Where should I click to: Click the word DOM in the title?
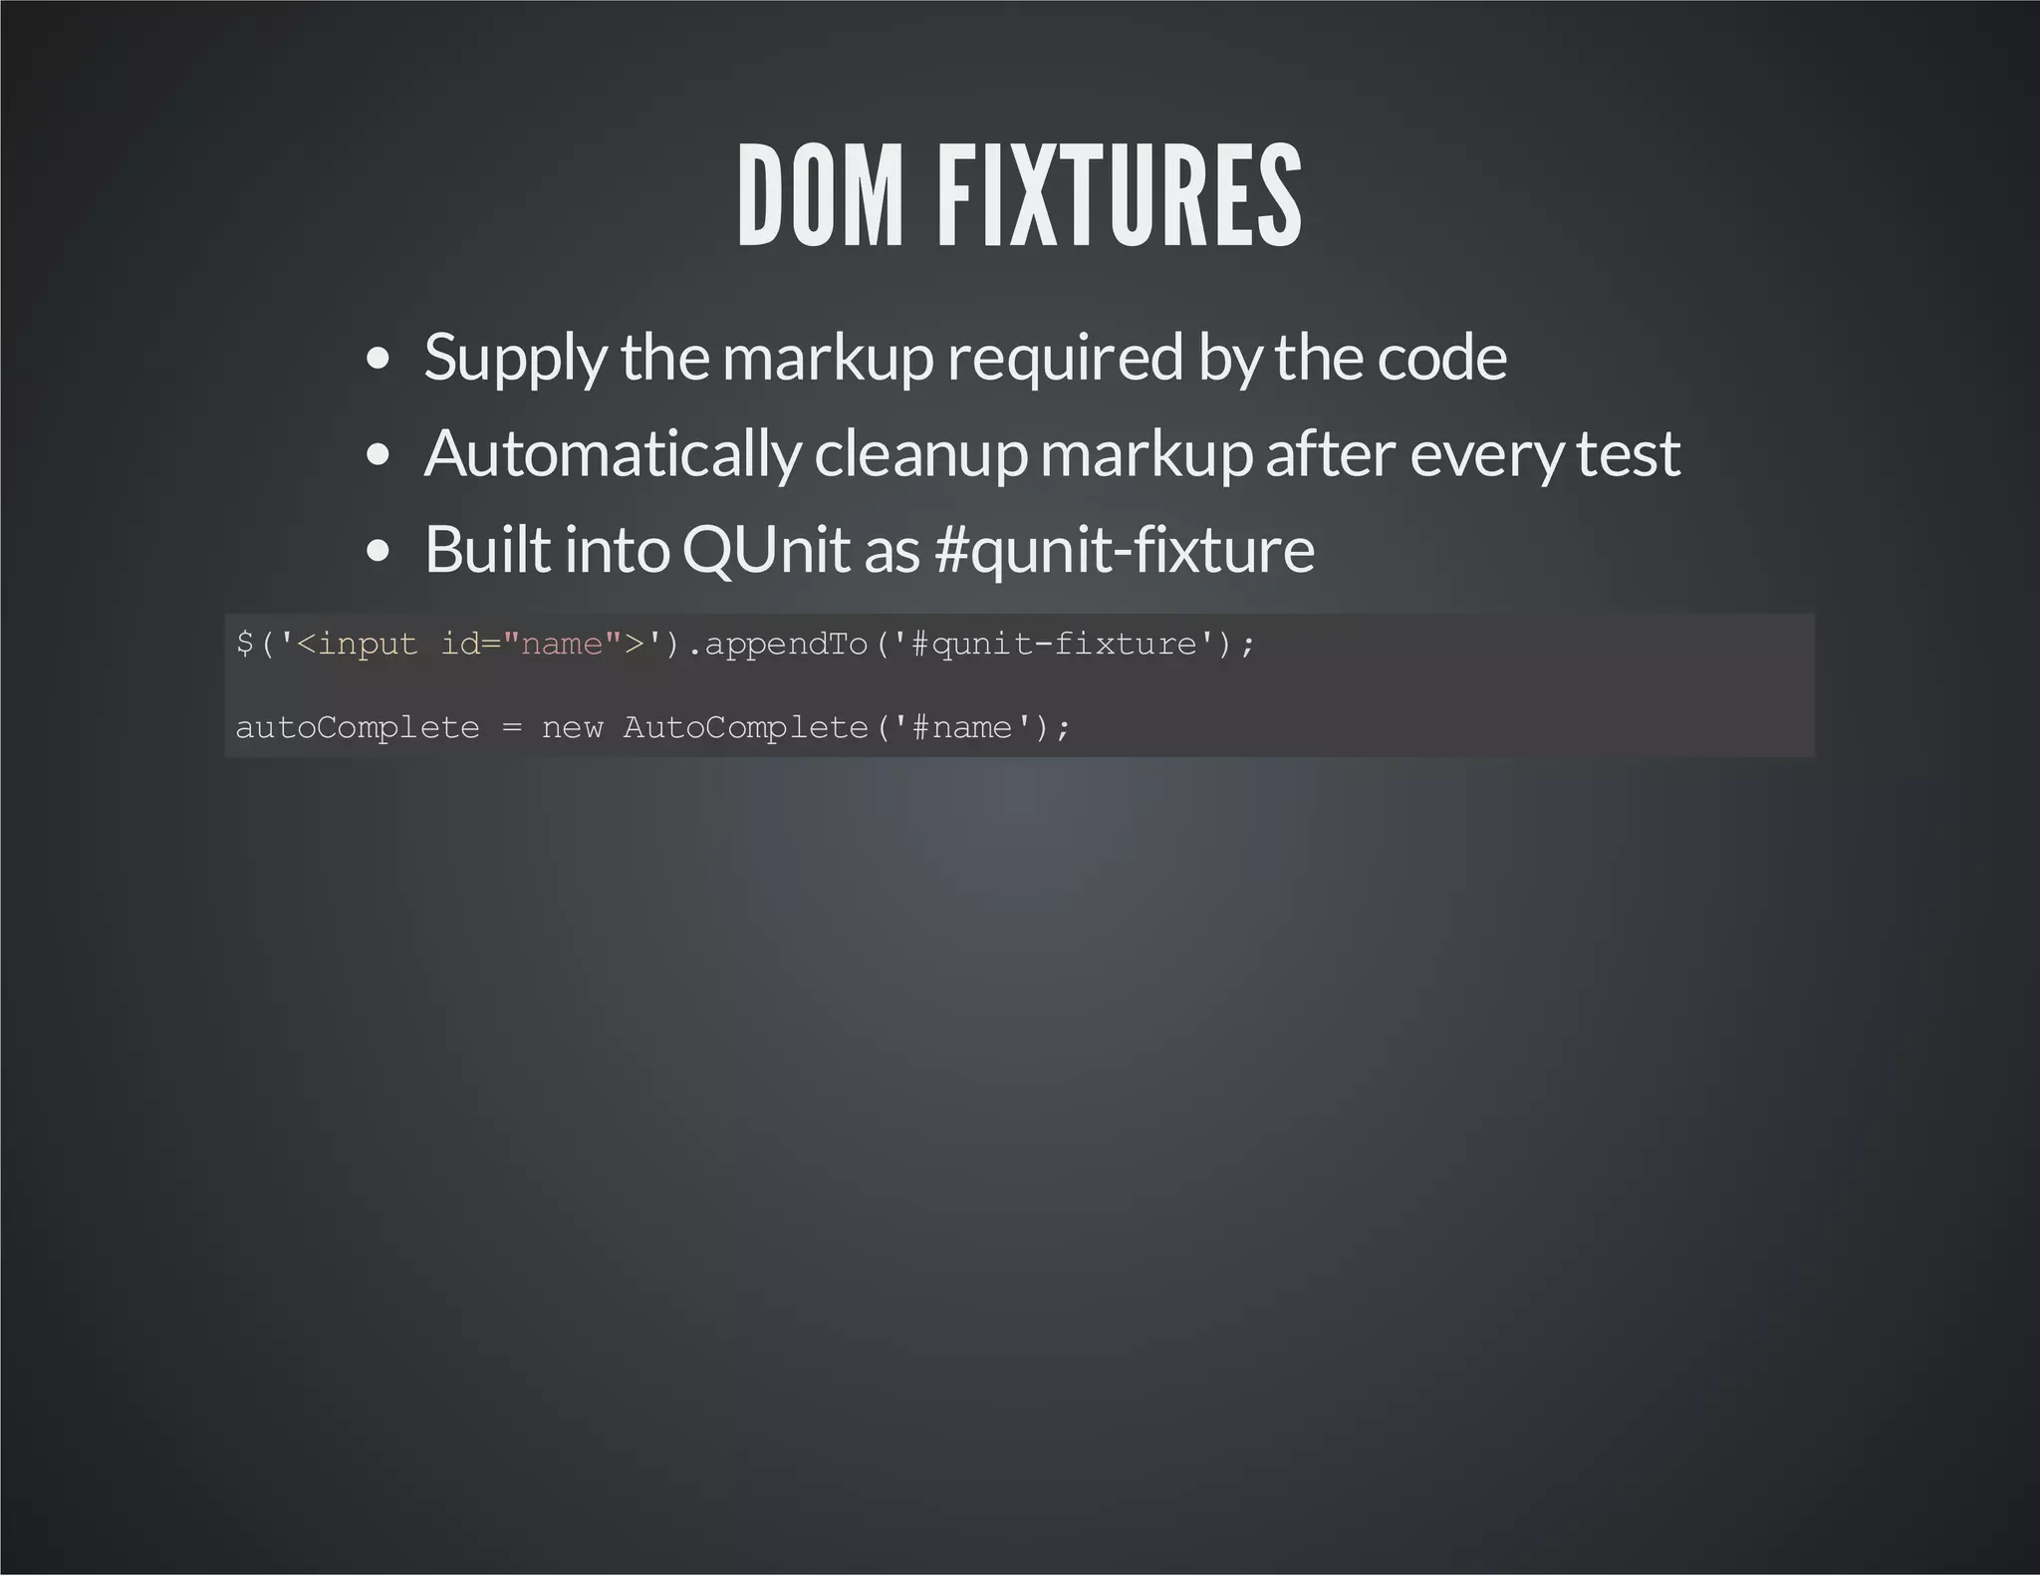(x=820, y=195)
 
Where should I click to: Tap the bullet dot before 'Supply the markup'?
(x=378, y=360)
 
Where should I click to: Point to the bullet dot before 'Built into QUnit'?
(x=378, y=552)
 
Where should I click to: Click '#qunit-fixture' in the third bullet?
(x=1125, y=550)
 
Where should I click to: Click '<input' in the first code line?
(x=357, y=645)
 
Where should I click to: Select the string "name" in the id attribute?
(x=563, y=644)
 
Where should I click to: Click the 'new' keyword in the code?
(x=572, y=728)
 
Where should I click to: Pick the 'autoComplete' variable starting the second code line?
(x=358, y=728)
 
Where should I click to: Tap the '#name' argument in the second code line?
(x=961, y=728)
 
